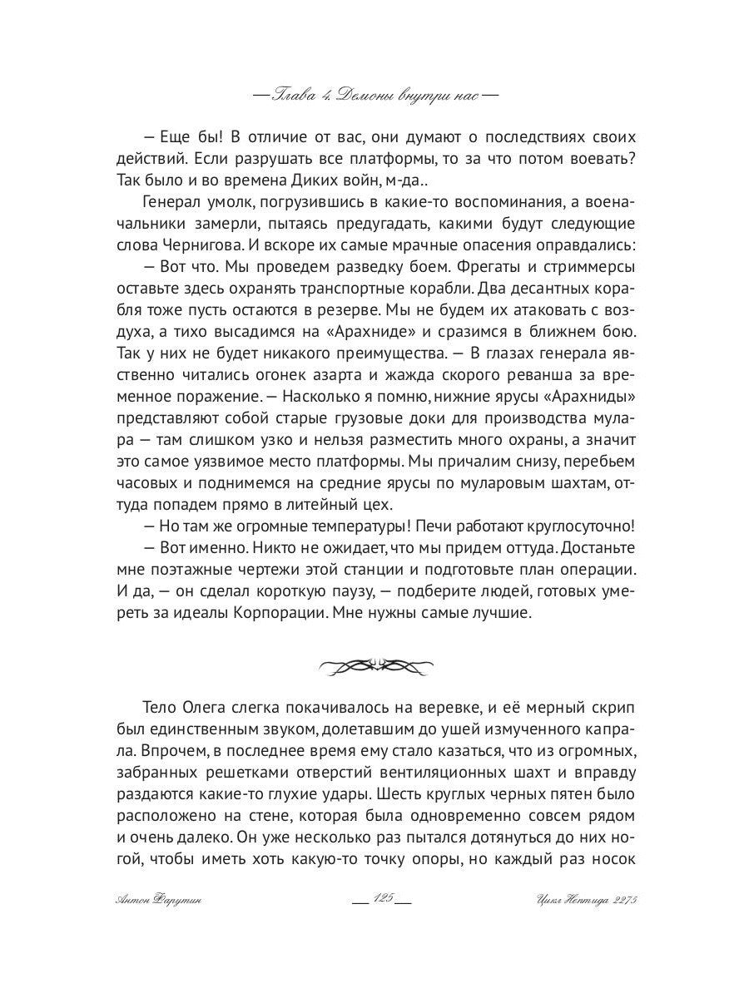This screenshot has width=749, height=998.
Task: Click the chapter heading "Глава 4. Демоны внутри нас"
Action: coord(374,94)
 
